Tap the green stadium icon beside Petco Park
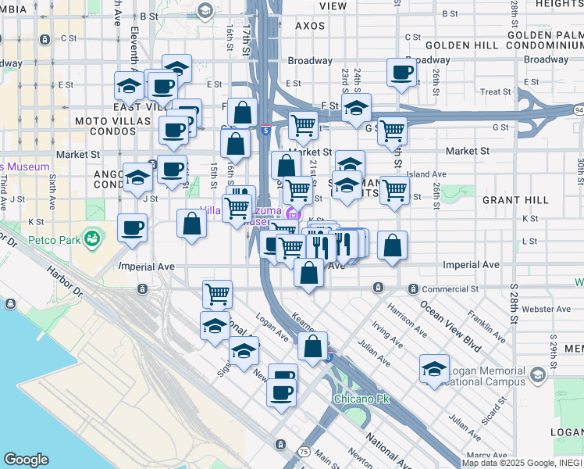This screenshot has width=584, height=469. tap(93, 236)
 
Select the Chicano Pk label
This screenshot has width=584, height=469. tap(361, 399)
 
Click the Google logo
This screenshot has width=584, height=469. tap(26, 460)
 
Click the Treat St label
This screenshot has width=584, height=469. tap(496, 92)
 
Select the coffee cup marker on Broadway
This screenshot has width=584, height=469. tap(401, 73)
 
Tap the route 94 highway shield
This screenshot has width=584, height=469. tap(579, 110)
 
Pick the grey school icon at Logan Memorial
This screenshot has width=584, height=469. tap(537, 375)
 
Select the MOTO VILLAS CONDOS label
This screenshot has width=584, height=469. tap(113, 129)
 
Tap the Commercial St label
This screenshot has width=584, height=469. tap(450, 289)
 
